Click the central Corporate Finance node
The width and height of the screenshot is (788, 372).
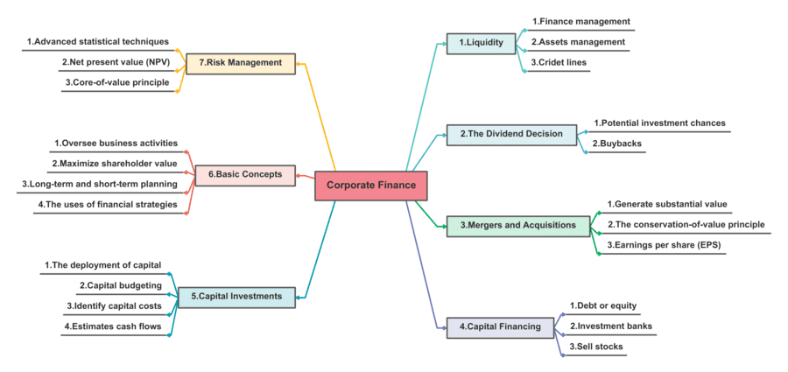click(x=371, y=185)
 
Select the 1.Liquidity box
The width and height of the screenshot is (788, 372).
click(x=481, y=42)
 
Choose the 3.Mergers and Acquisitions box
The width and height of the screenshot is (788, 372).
click(x=518, y=226)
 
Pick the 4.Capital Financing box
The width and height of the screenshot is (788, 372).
click(x=500, y=327)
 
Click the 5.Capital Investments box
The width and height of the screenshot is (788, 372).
click(x=236, y=297)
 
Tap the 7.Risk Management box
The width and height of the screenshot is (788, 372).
click(x=239, y=63)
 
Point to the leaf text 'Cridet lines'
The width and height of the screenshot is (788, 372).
click(x=559, y=63)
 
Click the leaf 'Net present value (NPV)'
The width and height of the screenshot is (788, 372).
click(x=117, y=63)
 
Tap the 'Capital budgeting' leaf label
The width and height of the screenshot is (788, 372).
click(x=120, y=285)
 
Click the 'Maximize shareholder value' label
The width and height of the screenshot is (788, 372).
click(x=114, y=164)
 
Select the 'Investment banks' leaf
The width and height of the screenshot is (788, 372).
click(x=611, y=326)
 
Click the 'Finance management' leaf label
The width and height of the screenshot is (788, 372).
click(x=580, y=21)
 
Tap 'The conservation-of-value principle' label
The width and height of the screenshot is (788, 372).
click(x=686, y=225)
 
